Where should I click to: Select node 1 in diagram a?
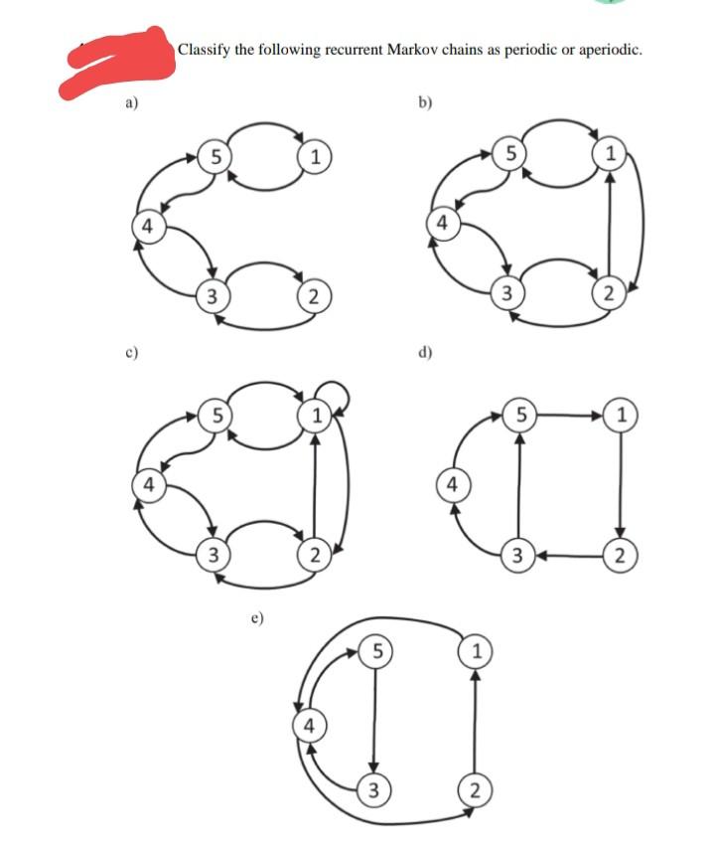[x=314, y=155]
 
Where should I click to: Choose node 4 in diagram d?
[x=452, y=485]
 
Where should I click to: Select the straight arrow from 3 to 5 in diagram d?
[x=517, y=484]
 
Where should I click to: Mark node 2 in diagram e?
[x=475, y=791]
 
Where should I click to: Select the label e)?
[x=257, y=617]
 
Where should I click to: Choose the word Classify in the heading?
[x=205, y=49]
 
